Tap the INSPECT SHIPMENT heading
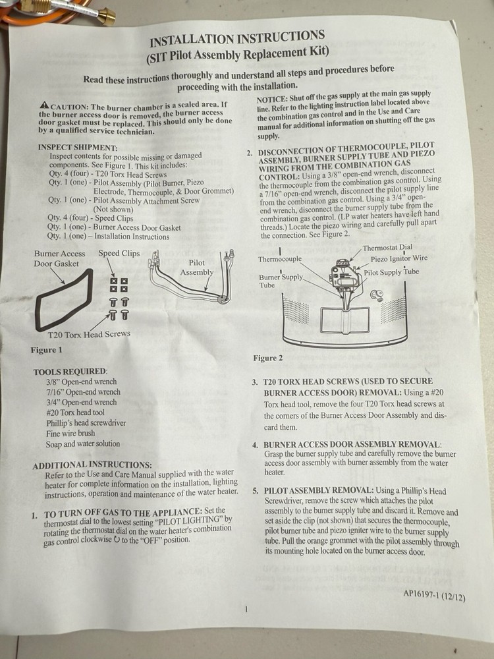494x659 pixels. pos(78,147)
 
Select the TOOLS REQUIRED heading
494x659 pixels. pos(70,372)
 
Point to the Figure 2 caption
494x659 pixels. pos(268,358)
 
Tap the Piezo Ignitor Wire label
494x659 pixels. pos(398,259)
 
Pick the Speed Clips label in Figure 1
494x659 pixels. pos(119,253)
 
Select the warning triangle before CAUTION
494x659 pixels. pos(43,105)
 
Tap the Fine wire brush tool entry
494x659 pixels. pos(70,433)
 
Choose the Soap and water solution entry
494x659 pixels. pos(83,444)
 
